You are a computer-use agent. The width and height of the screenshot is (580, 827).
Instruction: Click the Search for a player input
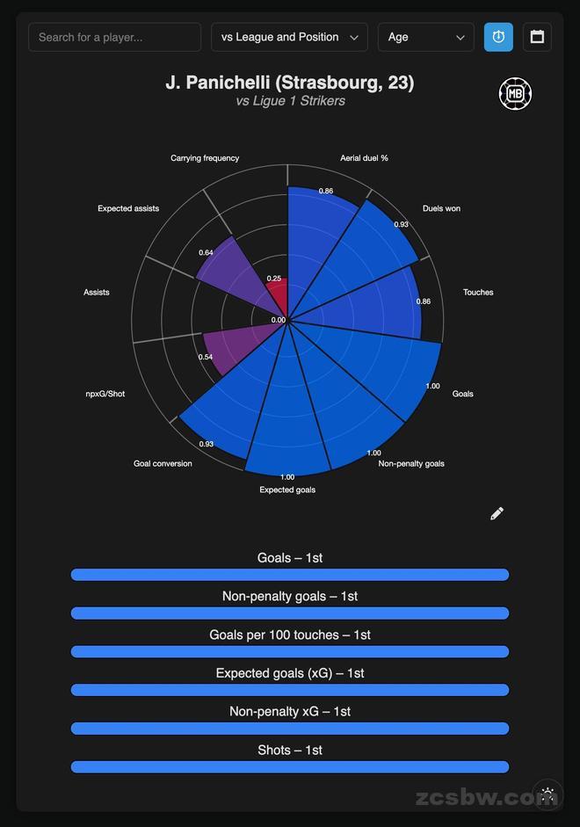(x=114, y=37)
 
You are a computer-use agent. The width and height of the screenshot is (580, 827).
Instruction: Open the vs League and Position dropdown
(x=289, y=37)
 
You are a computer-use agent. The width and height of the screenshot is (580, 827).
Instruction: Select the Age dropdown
(x=425, y=37)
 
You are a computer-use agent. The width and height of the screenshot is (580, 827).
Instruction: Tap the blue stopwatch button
(x=498, y=37)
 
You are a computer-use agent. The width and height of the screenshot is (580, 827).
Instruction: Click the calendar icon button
(x=537, y=37)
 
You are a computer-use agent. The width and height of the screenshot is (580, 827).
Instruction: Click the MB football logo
(x=515, y=94)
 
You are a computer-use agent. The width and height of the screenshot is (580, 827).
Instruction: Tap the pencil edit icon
(x=497, y=513)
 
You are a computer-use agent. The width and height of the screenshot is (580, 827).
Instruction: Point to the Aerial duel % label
(x=364, y=158)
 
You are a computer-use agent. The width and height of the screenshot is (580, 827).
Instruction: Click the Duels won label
(x=441, y=208)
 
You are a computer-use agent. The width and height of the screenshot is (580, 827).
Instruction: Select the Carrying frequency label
(x=205, y=158)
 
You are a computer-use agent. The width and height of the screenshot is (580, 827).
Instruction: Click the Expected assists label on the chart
(x=128, y=208)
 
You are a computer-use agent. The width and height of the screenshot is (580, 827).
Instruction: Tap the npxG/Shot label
(x=105, y=394)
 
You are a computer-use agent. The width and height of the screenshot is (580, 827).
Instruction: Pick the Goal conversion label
(x=163, y=463)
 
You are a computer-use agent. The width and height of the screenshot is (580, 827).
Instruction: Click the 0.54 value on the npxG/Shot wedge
(x=206, y=357)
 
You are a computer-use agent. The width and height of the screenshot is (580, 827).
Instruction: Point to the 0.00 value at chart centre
(x=279, y=320)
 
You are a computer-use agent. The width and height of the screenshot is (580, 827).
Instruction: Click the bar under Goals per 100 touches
(x=290, y=651)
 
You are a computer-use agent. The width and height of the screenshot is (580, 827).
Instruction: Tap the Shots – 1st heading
(x=290, y=750)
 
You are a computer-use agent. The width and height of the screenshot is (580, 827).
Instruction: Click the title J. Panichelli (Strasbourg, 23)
(x=290, y=83)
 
